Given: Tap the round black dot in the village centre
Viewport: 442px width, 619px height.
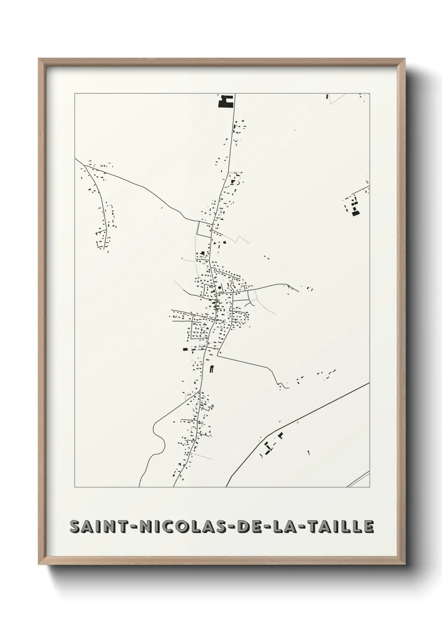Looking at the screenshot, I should [x=220, y=288].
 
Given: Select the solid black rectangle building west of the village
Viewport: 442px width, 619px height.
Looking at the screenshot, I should [x=185, y=348].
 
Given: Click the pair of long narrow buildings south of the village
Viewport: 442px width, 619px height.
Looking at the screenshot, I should [x=211, y=369].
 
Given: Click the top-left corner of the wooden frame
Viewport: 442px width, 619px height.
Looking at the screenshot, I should [x=40, y=60].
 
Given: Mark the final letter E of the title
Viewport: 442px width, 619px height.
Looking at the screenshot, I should [x=368, y=527].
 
